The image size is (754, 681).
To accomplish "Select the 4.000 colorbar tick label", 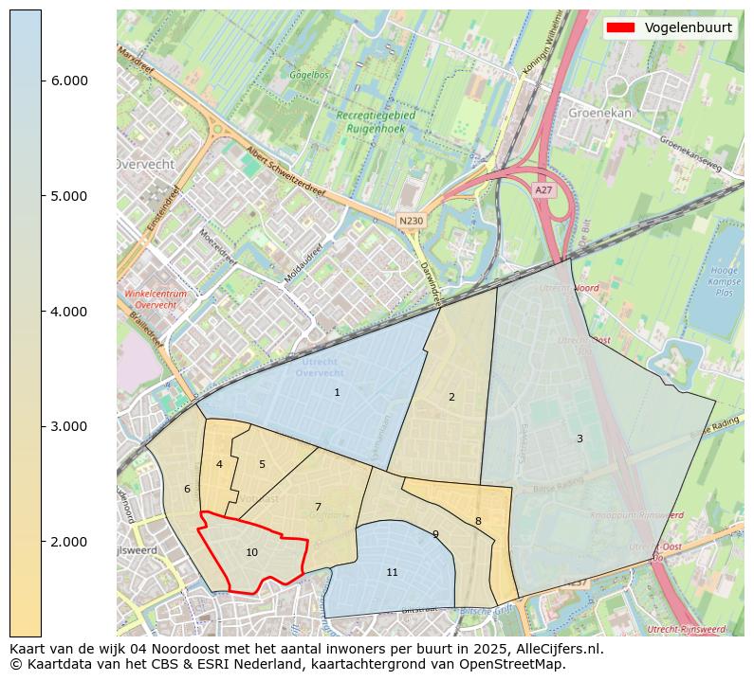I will click(68, 312).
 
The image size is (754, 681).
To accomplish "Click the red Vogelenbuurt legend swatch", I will click(621, 27).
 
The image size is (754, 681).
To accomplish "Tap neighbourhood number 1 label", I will click(337, 392).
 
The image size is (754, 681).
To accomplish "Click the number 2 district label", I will click(451, 397).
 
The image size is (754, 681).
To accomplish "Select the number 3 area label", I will click(579, 439).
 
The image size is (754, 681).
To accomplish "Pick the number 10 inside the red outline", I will click(251, 552).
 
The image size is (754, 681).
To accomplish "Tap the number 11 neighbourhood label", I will click(392, 572).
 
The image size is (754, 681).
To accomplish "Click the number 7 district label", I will click(318, 507).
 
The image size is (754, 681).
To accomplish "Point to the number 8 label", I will click(478, 521).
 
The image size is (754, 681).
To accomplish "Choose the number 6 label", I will click(187, 489).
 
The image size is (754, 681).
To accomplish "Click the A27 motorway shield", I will click(543, 190).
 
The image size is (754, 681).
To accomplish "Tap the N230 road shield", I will click(411, 221).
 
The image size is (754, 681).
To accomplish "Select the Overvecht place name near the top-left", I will click(144, 164).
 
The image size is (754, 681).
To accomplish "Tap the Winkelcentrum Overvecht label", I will click(156, 299).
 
